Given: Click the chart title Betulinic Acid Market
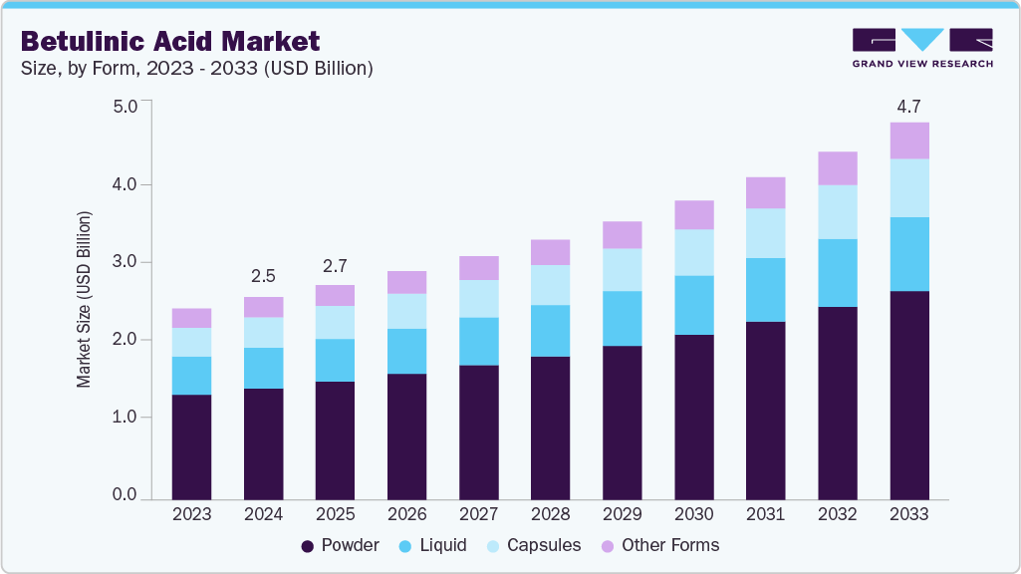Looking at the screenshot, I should click(170, 41).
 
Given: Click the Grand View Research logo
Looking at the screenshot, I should click(921, 47).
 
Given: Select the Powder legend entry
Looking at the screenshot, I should click(340, 545).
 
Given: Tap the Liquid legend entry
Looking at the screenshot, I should click(433, 545).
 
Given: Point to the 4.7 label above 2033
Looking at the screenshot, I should click(909, 106).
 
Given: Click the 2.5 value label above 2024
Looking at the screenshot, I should click(263, 277).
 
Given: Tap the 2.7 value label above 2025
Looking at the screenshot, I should click(335, 266).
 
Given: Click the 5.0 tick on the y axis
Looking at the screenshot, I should click(125, 107).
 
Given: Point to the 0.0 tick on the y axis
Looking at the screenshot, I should click(125, 494).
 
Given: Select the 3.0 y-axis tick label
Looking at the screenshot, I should click(125, 262).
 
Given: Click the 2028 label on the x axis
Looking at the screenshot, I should click(550, 514).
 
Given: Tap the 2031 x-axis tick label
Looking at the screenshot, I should click(766, 514).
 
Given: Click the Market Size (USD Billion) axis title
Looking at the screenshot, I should click(85, 299).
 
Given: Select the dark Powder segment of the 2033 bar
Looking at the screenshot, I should click(909, 395).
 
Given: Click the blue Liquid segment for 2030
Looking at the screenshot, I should click(694, 305).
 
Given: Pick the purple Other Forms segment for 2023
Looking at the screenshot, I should click(191, 318).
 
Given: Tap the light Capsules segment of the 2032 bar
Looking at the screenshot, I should click(838, 211).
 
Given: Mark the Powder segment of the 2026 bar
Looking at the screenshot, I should click(406, 436).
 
